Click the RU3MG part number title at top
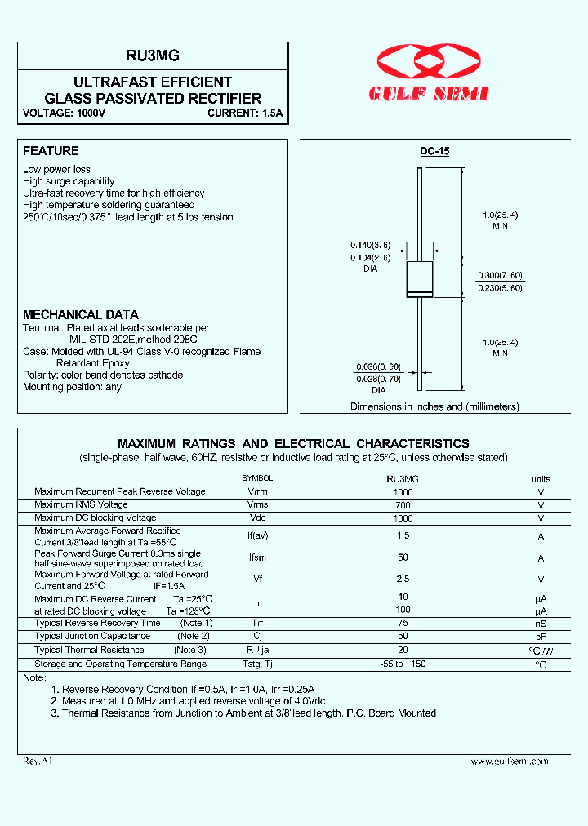pyautogui.click(x=154, y=56)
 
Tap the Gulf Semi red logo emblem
pyautogui.click(x=430, y=62)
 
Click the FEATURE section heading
pyautogui.click(x=51, y=151)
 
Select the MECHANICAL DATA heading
pyautogui.click(x=80, y=314)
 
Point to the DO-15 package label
pyautogui.click(x=434, y=151)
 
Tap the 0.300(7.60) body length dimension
pyautogui.click(x=500, y=275)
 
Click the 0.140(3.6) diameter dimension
pyautogui.click(x=370, y=246)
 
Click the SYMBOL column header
pyautogui.click(x=257, y=478)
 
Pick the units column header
pyautogui.click(x=541, y=479)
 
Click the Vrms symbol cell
pyautogui.click(x=257, y=505)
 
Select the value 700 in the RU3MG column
pyautogui.click(x=402, y=505)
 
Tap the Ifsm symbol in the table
pyautogui.click(x=257, y=558)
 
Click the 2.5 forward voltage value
pyautogui.click(x=402, y=579)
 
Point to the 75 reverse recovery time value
pyautogui.click(x=402, y=623)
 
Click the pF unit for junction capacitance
pyautogui.click(x=541, y=636)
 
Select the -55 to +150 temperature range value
pyautogui.click(x=402, y=664)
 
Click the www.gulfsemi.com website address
pyautogui.click(x=510, y=761)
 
